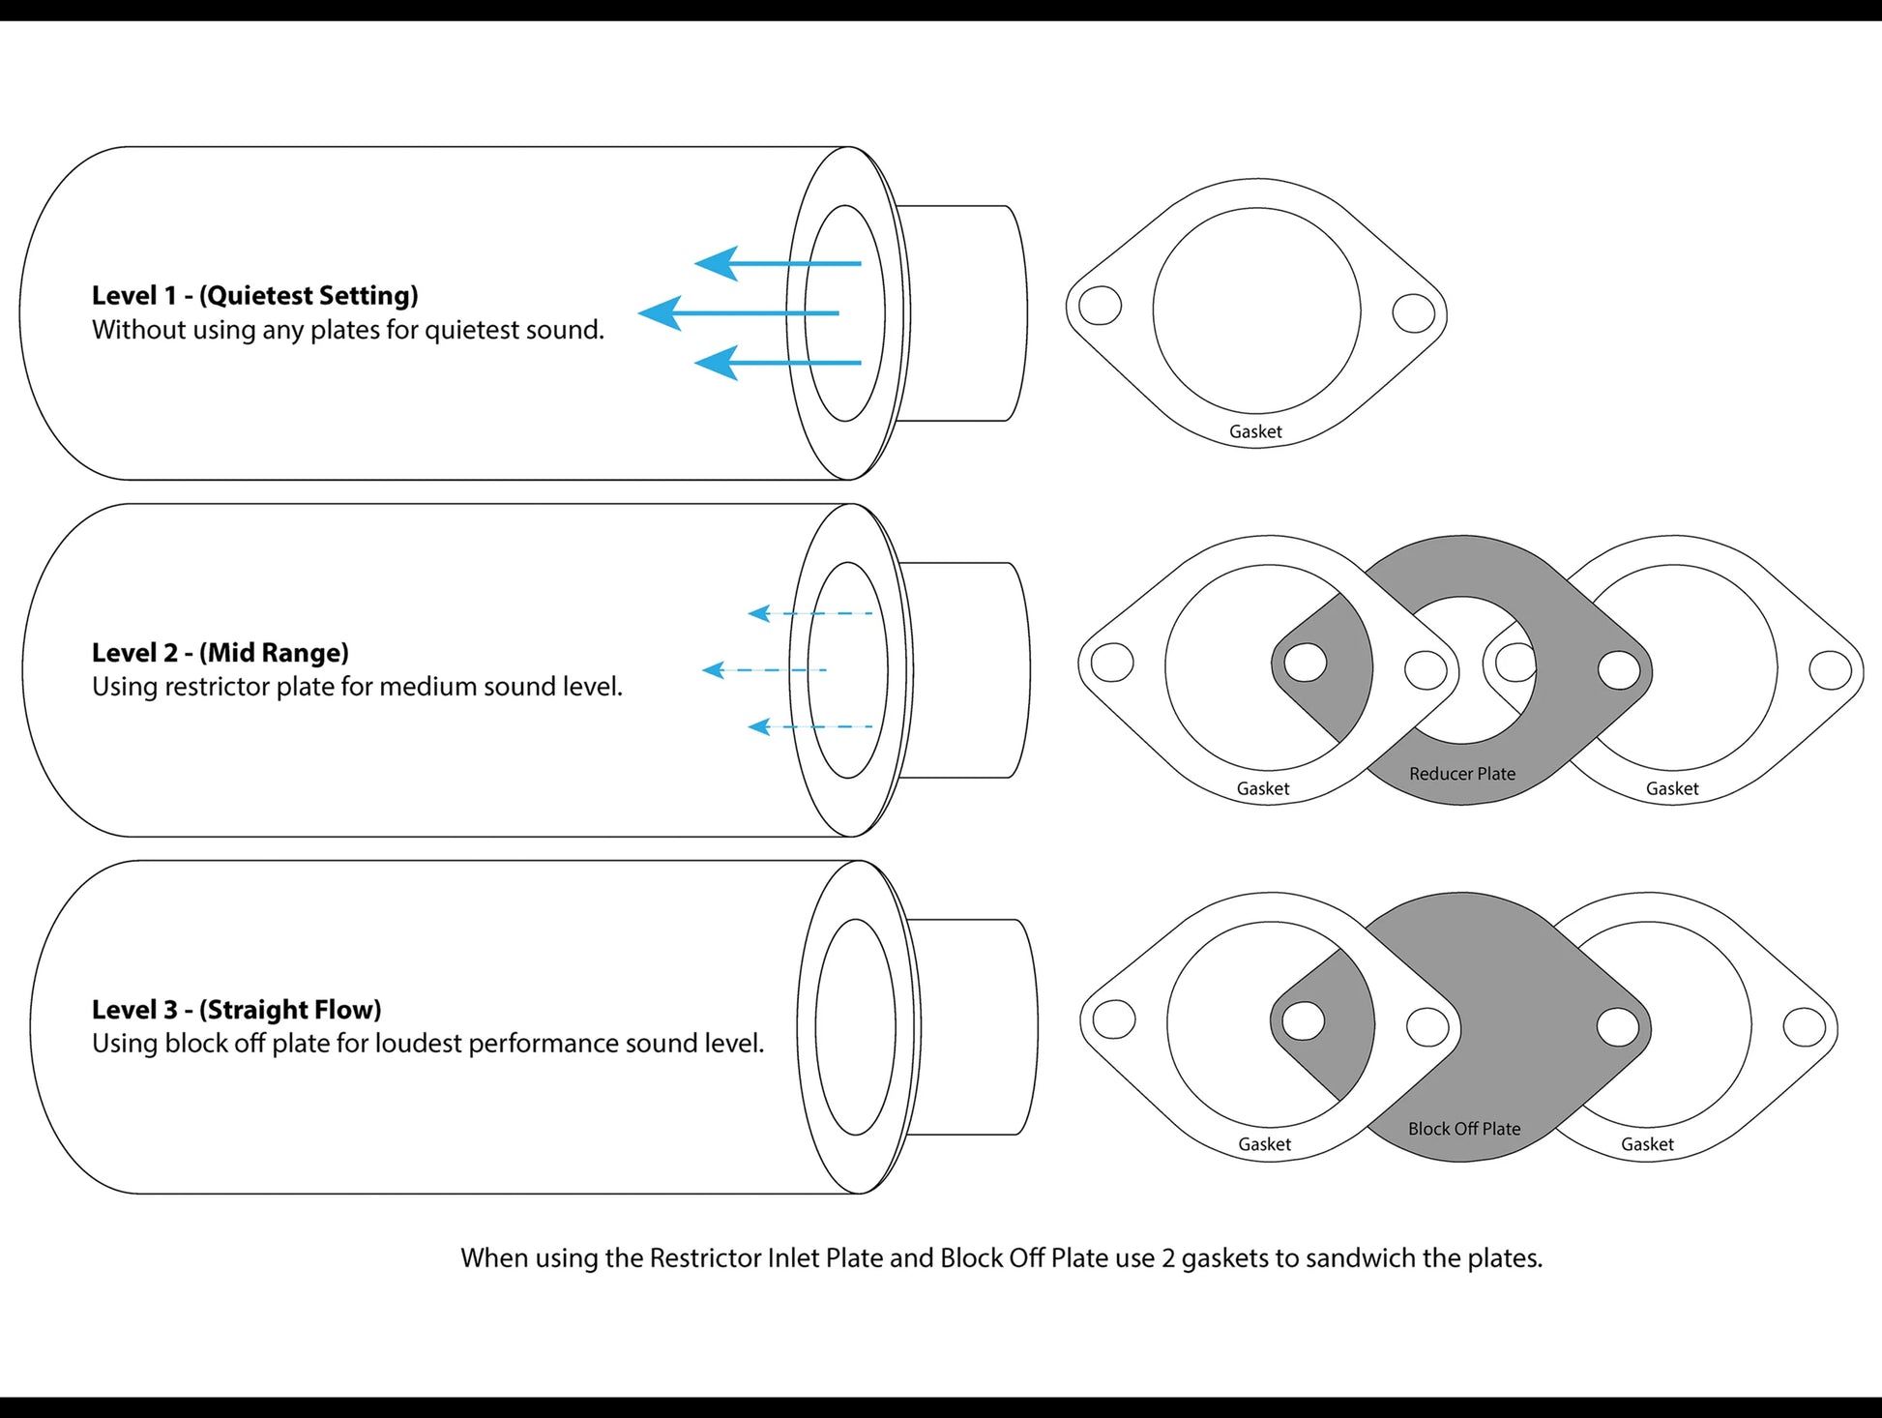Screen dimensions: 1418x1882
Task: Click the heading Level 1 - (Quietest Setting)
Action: pos(254,295)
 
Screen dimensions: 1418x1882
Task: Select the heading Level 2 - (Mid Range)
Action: pos(220,652)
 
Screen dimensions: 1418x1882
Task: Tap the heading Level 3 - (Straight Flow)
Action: pos(236,1009)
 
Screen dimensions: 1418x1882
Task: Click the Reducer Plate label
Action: pos(1461,774)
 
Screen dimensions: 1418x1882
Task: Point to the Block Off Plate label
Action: pos(1463,1129)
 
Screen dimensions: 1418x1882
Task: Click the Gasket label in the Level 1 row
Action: pos(1255,431)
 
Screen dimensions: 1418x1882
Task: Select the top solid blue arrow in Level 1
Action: pos(778,263)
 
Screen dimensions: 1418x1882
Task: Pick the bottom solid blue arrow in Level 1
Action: pos(778,364)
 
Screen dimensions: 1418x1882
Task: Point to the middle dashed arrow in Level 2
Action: pos(764,669)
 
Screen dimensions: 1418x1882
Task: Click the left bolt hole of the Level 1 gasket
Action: pos(1100,307)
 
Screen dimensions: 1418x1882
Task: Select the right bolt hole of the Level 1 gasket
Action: pos(1413,312)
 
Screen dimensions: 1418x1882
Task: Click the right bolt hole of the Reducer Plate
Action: pos(1618,669)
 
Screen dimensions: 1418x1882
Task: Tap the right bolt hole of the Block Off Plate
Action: pos(1617,1027)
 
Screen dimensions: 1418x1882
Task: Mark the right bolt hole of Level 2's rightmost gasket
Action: pos(1830,670)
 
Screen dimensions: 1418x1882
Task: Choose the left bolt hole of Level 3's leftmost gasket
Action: pos(1113,1019)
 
